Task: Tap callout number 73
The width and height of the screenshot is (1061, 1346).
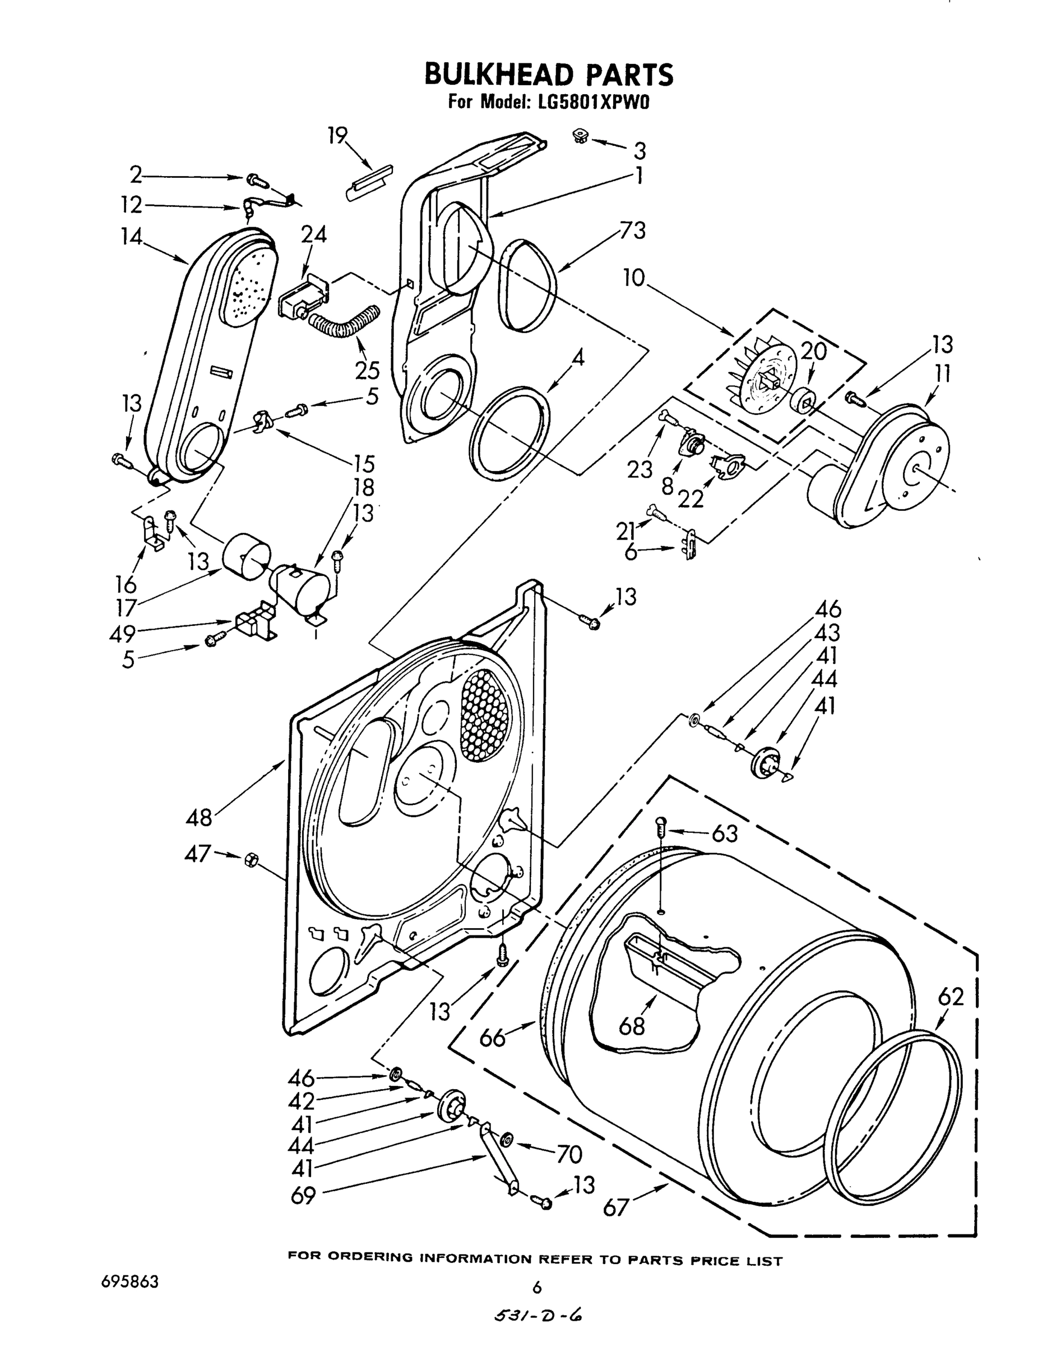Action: coord(632,231)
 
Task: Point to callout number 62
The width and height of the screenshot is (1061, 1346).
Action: coord(951,997)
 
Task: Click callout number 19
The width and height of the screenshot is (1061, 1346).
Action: coord(337,136)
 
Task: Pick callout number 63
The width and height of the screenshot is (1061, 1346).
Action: coord(724,833)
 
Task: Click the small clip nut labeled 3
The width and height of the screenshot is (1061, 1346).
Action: coord(581,136)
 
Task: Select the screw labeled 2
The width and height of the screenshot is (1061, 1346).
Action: coord(256,179)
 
